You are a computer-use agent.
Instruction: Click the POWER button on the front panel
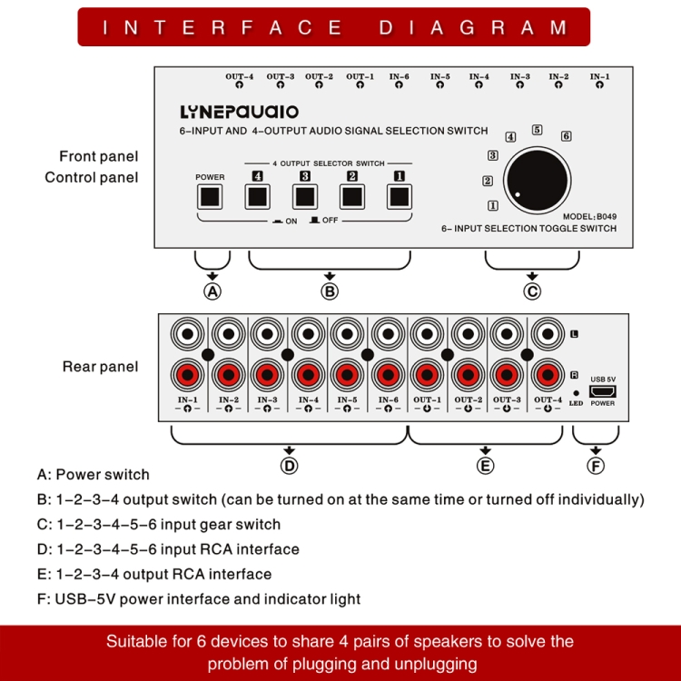pos(210,196)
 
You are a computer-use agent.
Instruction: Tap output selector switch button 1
pos(399,196)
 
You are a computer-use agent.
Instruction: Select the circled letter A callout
pos(212,291)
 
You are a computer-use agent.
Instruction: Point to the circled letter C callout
pos(532,291)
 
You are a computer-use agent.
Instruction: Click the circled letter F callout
pos(596,466)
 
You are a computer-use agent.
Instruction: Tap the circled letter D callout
pos(289,466)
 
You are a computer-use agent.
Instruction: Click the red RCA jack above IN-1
pos(188,373)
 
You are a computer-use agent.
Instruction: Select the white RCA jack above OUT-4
pos(548,333)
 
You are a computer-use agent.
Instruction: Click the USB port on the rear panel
pos(603,391)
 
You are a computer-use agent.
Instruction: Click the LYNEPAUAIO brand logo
pos(239,113)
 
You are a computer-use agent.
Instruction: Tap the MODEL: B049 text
pos(590,216)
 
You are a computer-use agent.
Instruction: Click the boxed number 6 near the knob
pos(566,136)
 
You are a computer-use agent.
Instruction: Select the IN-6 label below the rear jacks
pos(388,400)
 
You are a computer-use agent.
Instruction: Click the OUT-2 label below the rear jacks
pos(468,400)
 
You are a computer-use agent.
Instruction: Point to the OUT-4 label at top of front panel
pos(239,76)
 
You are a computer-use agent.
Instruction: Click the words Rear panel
pos(100,367)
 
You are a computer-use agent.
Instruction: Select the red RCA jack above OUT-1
pos(428,373)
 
